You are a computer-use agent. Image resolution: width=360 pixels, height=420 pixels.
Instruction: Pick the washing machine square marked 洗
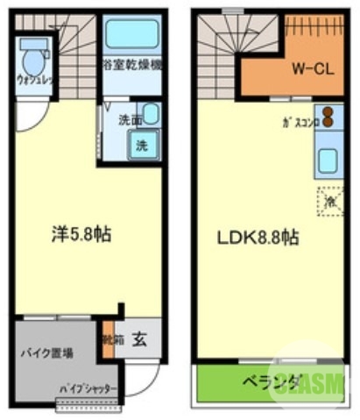[141, 146]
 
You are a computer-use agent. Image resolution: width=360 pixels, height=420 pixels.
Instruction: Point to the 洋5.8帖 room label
[79, 235]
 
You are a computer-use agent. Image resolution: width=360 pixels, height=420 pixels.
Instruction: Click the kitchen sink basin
[328, 160]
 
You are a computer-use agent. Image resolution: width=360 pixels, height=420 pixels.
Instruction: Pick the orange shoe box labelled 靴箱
[109, 341]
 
